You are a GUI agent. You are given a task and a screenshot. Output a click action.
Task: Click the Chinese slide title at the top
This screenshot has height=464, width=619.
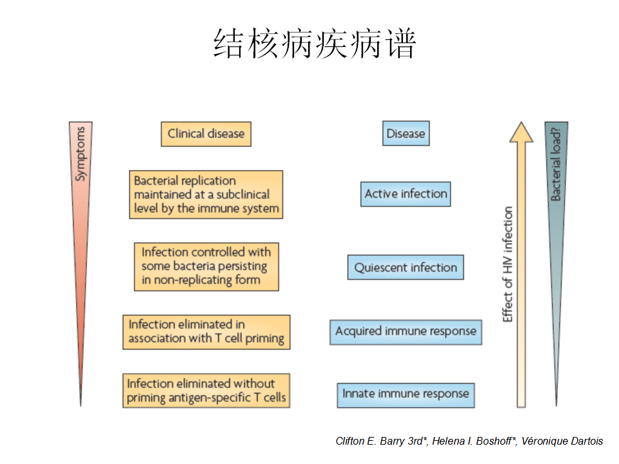[x=315, y=44]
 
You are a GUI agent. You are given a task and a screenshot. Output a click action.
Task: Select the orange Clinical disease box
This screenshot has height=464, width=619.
[x=206, y=134]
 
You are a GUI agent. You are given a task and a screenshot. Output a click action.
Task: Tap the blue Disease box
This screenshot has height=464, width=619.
[x=406, y=134]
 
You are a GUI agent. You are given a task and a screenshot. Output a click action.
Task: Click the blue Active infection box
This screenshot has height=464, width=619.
[x=406, y=194]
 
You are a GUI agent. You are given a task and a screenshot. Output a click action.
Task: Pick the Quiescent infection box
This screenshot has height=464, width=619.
[x=406, y=267]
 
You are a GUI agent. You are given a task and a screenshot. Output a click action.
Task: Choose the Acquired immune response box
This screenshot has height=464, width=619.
[x=406, y=332]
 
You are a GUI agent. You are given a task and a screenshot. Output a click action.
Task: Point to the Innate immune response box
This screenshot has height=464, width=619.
[x=406, y=394]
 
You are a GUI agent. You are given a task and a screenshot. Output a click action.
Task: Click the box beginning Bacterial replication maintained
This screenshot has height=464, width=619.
[x=206, y=195]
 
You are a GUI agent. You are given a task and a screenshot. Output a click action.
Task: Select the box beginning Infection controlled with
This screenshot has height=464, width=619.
[x=206, y=266]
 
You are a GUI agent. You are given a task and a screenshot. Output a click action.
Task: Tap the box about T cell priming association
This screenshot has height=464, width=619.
[x=206, y=332]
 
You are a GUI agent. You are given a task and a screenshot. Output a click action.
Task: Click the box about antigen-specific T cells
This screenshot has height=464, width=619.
[x=206, y=391]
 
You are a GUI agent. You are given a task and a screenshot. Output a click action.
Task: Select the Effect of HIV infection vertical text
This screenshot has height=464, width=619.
[x=508, y=264]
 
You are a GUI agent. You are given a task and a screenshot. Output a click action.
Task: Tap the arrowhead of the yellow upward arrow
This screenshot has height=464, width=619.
[x=521, y=131]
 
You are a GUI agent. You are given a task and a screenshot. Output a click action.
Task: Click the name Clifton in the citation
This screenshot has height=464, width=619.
[x=351, y=441]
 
